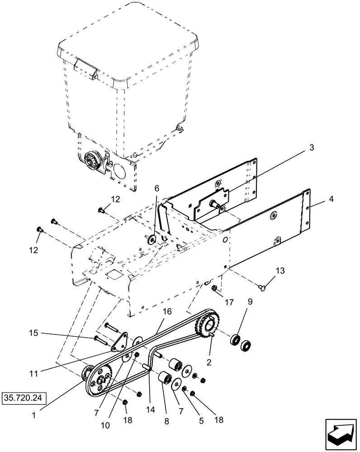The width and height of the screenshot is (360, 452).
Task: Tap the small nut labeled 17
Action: point(216,288)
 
